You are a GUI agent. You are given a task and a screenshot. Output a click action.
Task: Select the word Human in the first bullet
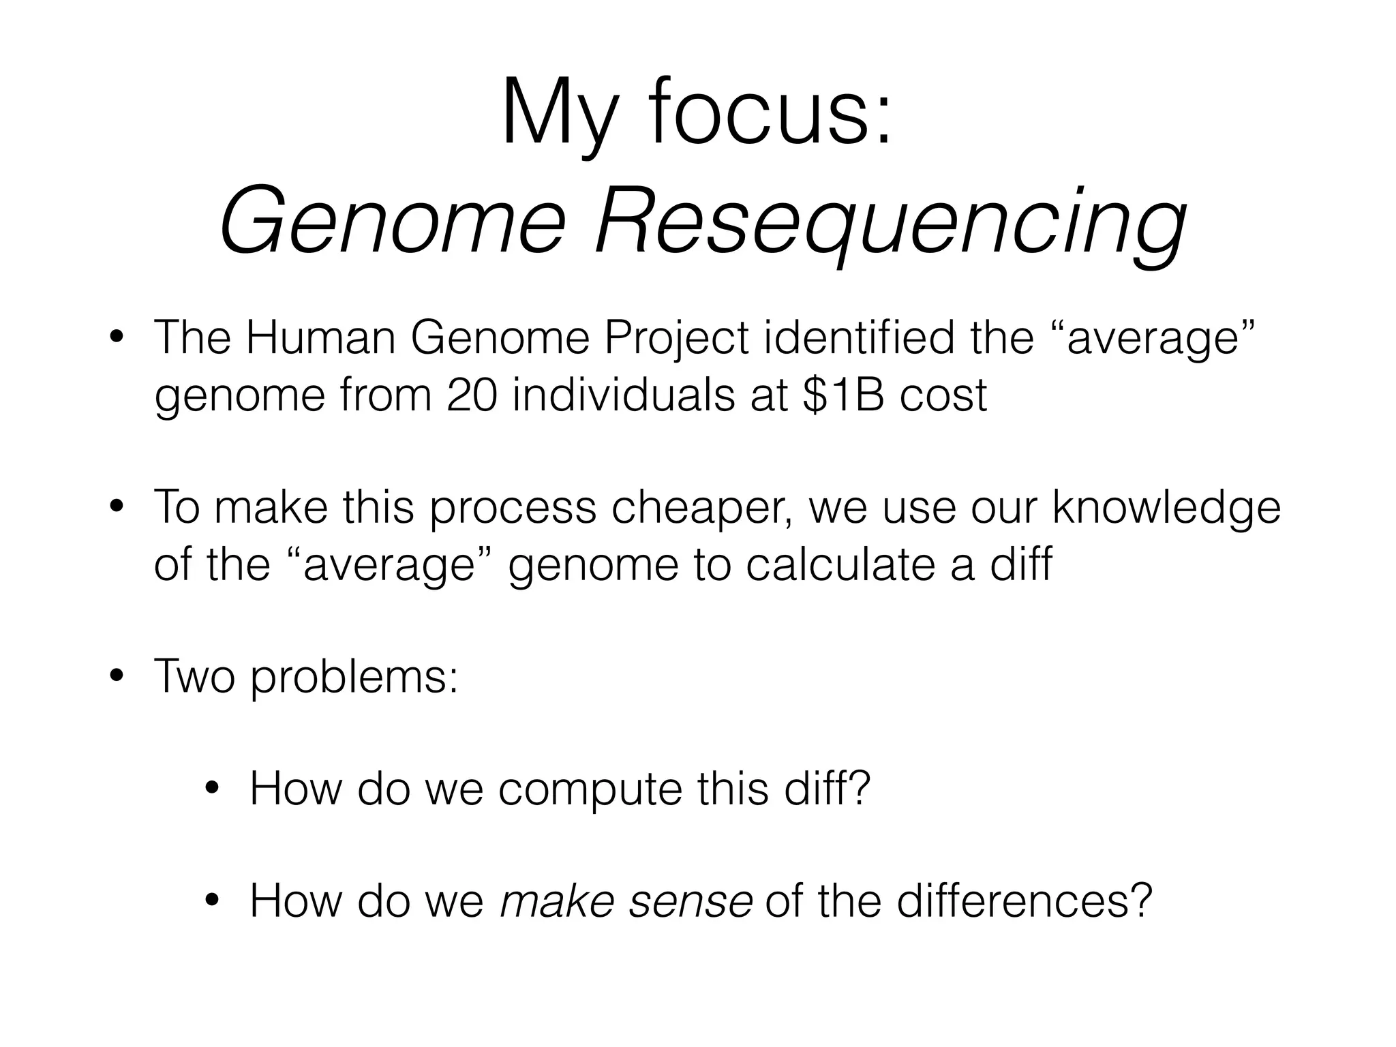(320, 337)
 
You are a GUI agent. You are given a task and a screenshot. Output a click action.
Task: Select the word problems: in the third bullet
(354, 676)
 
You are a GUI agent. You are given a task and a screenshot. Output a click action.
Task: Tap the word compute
(590, 789)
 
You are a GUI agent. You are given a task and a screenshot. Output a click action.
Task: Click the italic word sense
(690, 900)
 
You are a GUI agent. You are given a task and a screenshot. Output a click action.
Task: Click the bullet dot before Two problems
(117, 678)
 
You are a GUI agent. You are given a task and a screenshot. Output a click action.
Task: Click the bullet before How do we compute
(213, 789)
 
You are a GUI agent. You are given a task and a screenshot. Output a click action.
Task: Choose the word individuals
(623, 395)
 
